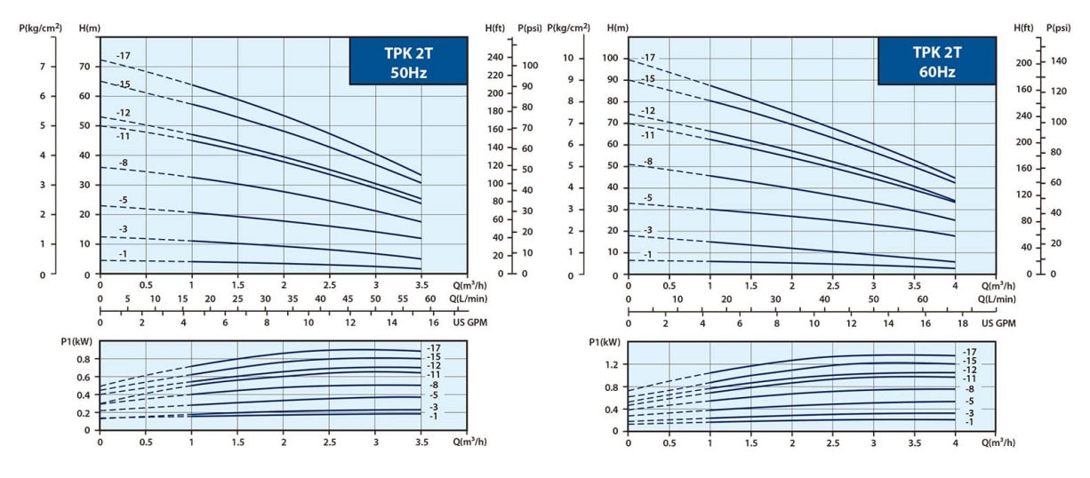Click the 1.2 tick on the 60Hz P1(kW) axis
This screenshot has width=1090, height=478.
coord(611,365)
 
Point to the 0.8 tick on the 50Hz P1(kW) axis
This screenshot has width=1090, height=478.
coord(83,360)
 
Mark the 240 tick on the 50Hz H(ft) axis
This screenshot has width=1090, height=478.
coord(495,58)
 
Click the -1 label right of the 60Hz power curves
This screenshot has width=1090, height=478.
coord(969,422)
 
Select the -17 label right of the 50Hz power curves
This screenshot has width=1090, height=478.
coord(434,348)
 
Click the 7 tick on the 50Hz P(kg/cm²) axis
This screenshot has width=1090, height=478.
coord(42,67)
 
